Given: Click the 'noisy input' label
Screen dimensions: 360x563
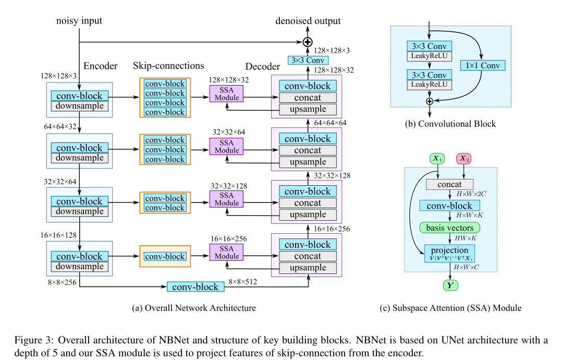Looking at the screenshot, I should click(79, 21).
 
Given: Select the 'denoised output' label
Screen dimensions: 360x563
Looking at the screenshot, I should click(308, 21).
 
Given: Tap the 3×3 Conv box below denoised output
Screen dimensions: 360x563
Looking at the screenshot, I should click(308, 61).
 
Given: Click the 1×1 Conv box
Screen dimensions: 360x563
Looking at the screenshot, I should click(483, 66).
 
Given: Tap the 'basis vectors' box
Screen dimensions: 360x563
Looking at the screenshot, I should click(449, 227).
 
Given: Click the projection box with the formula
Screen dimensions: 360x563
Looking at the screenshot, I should click(450, 253).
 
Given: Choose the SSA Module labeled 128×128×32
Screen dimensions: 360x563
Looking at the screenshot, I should click(227, 94).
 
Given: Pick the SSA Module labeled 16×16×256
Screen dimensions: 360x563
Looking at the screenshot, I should click(227, 253).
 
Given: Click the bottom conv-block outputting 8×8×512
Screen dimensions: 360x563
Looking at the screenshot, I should click(195, 287).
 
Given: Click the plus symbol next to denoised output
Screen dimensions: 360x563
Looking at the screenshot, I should click(308, 42).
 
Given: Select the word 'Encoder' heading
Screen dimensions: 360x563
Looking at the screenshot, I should click(101, 66).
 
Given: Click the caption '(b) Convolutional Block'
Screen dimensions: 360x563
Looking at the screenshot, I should click(450, 124).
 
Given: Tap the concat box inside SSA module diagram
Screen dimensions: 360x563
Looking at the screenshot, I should click(449, 184).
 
